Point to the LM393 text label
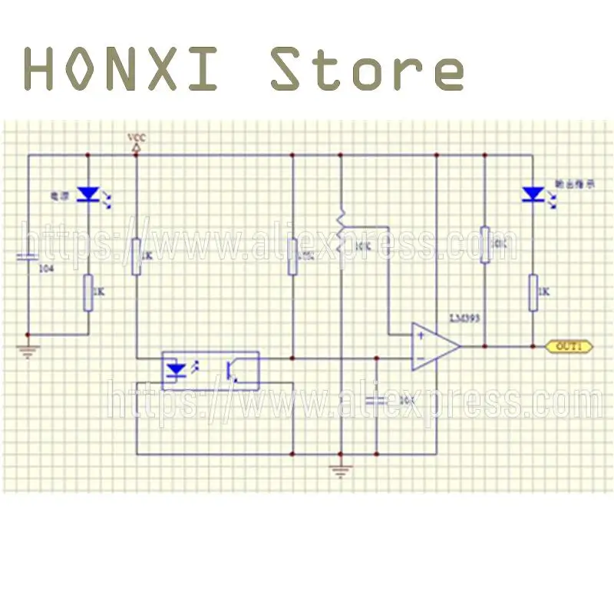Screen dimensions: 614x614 (x=464, y=316)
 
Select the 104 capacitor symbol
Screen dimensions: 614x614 (x=28, y=256)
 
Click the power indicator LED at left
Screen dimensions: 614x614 (x=89, y=195)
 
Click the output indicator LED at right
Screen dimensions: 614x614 (x=532, y=195)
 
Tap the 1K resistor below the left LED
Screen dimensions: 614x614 (x=89, y=292)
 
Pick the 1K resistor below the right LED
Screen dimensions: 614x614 (x=532, y=292)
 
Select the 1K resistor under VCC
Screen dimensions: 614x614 (x=136, y=256)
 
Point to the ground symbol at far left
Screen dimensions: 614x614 (x=28, y=351)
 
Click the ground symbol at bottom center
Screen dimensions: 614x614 (x=340, y=470)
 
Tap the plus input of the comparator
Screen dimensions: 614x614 (x=419, y=335)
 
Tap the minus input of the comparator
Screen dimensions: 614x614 (x=419, y=358)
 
